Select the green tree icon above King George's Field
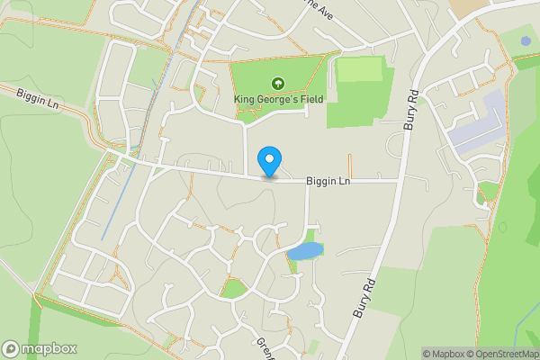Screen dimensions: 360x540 (x=276, y=83)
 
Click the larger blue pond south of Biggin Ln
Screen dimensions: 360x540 (x=306, y=251)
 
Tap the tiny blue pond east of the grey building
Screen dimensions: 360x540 (x=525, y=41)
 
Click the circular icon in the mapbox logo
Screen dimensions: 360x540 (x=12, y=348)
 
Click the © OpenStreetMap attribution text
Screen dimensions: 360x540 (x=503, y=354)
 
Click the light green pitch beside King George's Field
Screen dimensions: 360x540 (x=359, y=69)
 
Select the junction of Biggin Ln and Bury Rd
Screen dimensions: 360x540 (x=399, y=180)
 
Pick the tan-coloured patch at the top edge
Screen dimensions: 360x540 (x=468, y=6)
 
